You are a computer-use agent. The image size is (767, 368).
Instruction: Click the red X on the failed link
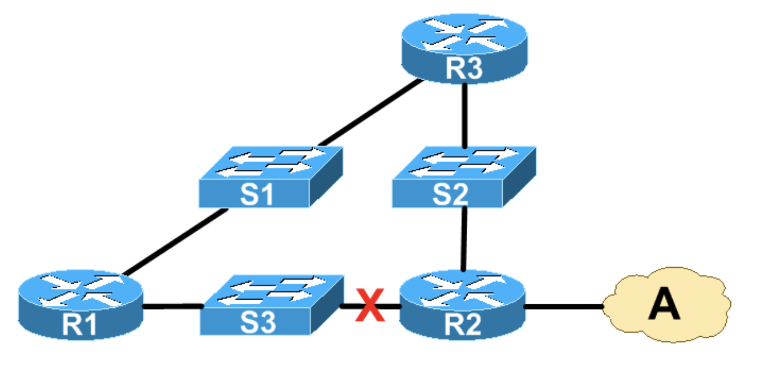tap(370, 305)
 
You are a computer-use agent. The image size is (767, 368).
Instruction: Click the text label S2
tap(449, 195)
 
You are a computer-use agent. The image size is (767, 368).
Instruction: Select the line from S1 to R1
tap(175, 242)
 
